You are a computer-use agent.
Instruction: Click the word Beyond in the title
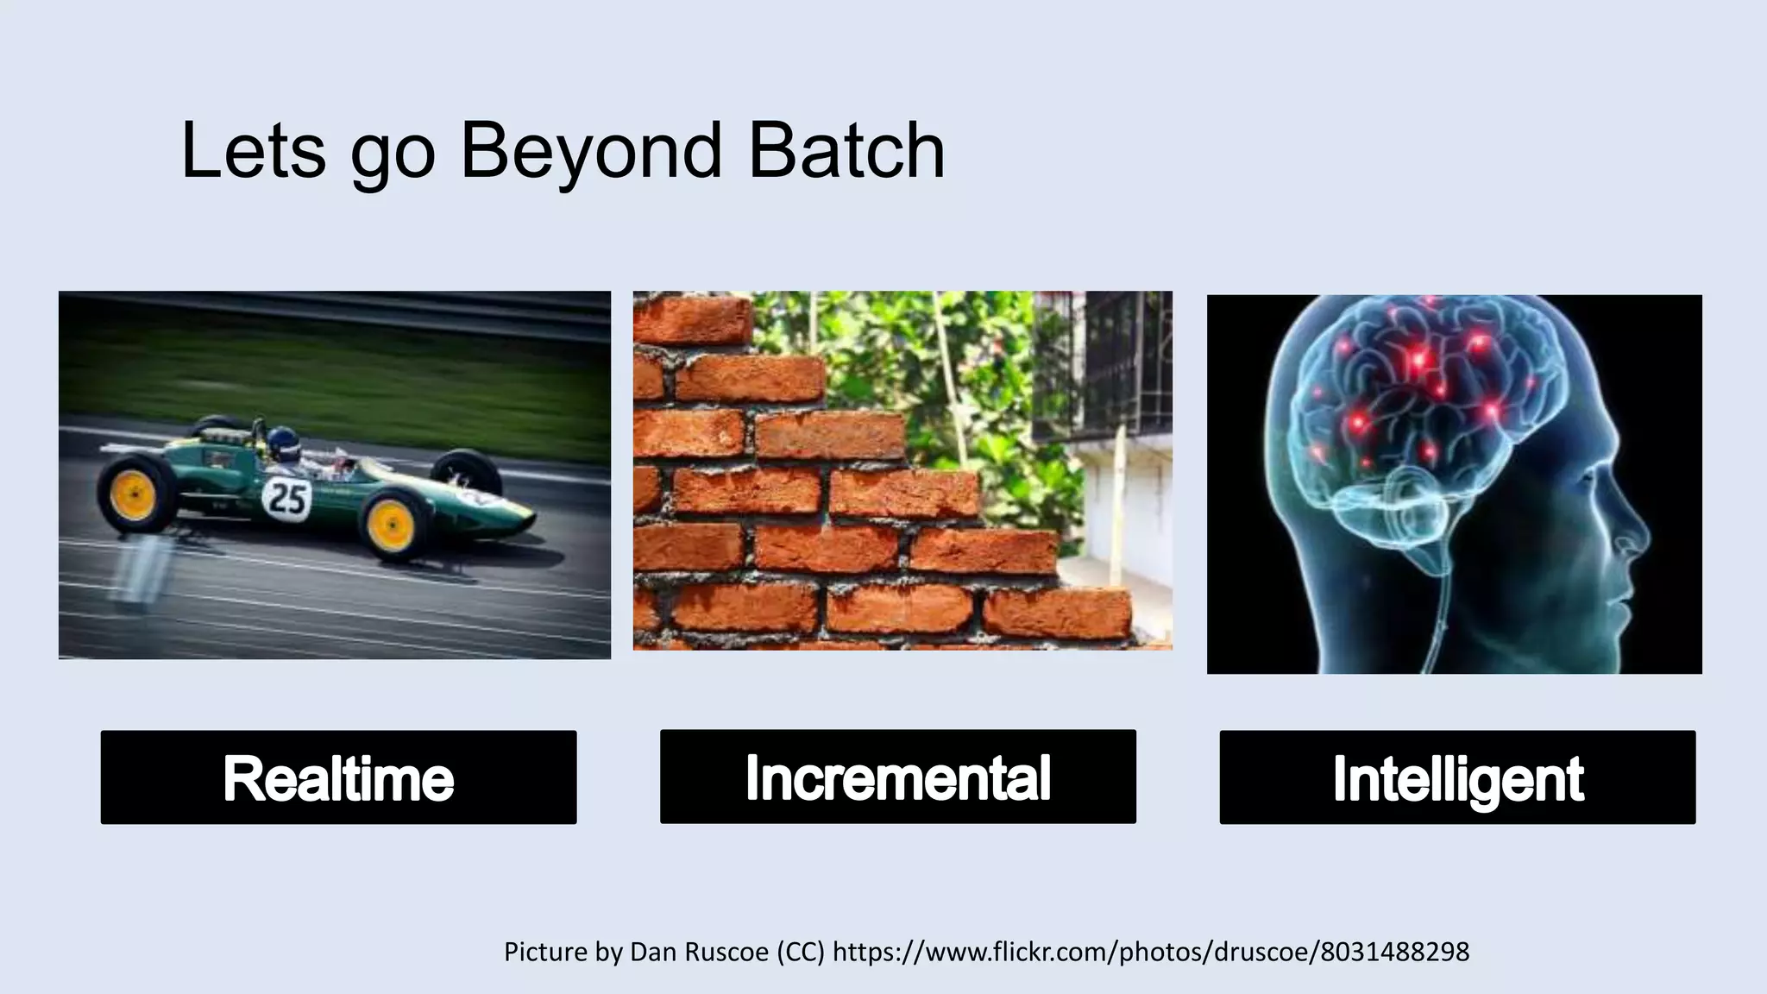tap(590, 151)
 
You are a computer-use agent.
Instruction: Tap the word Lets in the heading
tap(253, 151)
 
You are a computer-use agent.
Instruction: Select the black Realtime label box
tap(338, 777)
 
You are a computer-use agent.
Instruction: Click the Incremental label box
tap(897, 777)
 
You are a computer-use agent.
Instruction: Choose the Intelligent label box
tap(1457, 777)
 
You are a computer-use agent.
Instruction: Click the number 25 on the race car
tap(286, 498)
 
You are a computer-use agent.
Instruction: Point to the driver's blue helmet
tap(281, 444)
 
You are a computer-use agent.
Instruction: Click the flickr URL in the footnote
tap(1151, 952)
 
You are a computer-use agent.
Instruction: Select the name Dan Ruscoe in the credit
tap(700, 952)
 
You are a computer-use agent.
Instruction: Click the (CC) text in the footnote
tap(801, 952)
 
